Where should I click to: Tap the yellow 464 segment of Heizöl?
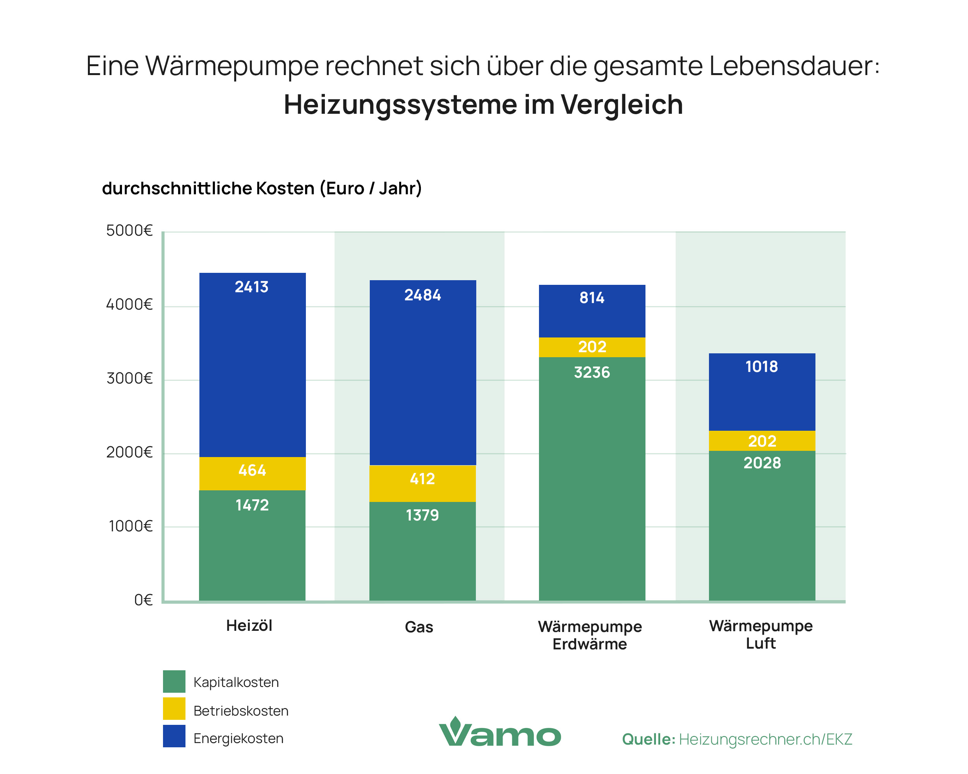[x=252, y=471]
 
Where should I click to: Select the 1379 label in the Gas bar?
[x=422, y=515]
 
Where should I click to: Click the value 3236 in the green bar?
[x=592, y=372]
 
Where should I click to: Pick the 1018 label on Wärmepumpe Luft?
[x=762, y=367]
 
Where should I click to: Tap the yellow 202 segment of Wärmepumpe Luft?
[x=762, y=441]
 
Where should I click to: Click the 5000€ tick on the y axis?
[x=129, y=231]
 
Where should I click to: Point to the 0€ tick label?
[x=143, y=600]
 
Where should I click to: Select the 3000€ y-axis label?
[x=129, y=378]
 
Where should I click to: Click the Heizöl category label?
[x=249, y=625]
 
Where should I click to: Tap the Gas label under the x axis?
[x=419, y=627]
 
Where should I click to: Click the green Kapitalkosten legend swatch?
[x=174, y=682]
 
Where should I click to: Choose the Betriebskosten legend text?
[x=241, y=711]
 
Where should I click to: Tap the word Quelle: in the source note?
[x=648, y=740]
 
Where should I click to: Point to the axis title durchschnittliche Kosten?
[x=208, y=188]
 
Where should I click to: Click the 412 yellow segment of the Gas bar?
[x=422, y=479]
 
